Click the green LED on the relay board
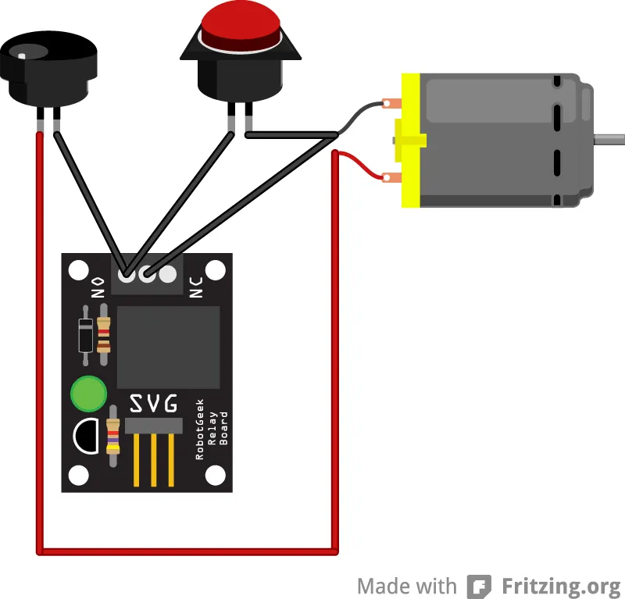pyautogui.click(x=87, y=394)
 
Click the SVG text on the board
pyautogui.click(x=153, y=404)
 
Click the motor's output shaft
pyautogui.click(x=609, y=140)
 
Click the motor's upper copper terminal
pyautogui.click(x=391, y=102)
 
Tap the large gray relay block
pyautogui.click(x=168, y=347)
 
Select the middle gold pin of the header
pyautogui.click(x=153, y=461)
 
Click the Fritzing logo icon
pyautogui.click(x=479, y=586)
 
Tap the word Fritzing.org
pyautogui.click(x=561, y=586)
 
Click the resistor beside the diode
pyautogui.click(x=104, y=337)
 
